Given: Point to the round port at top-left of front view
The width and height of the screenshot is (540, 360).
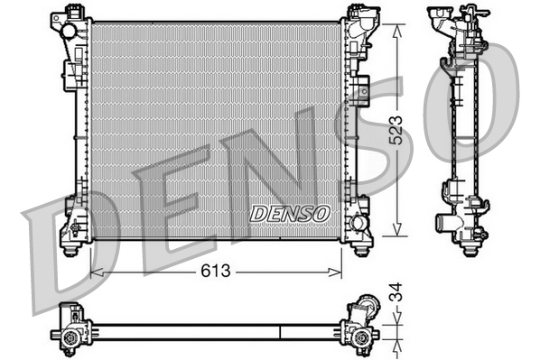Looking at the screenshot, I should [x=69, y=31].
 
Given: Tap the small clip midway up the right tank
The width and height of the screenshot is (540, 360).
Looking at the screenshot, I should [x=362, y=89].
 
